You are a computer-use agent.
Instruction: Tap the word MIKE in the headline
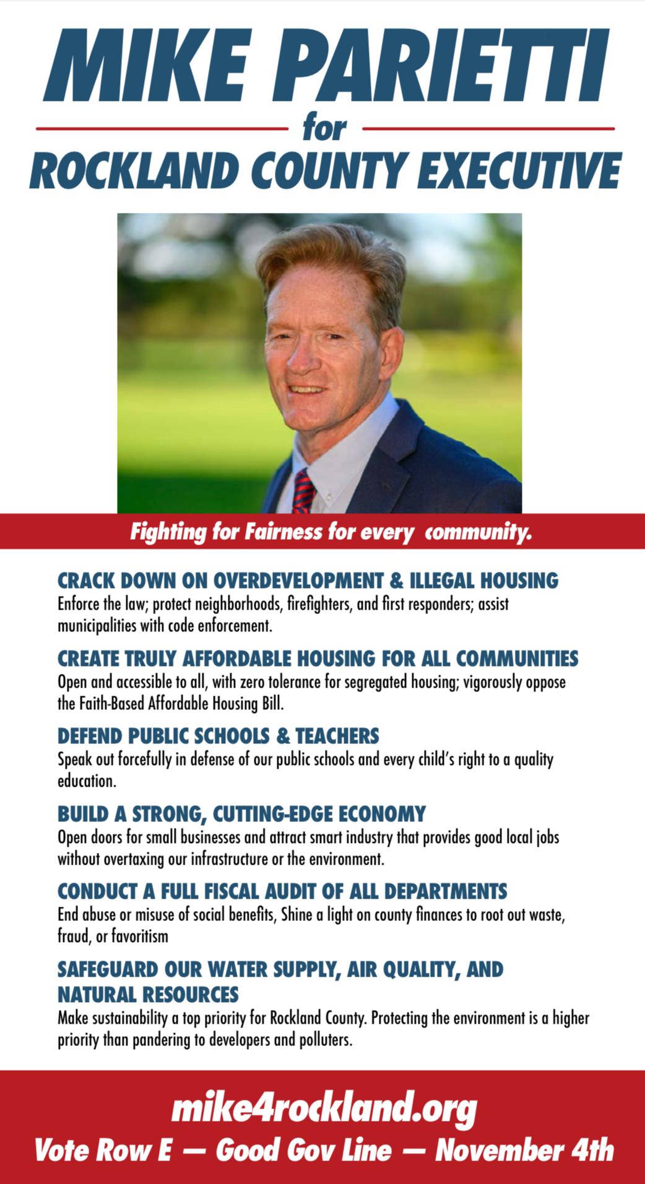(149, 67)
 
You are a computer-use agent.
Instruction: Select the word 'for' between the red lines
(325, 129)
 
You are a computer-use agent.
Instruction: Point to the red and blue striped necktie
(303, 492)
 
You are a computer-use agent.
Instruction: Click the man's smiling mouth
(306, 389)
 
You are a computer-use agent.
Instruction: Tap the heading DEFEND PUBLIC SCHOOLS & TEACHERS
(218, 736)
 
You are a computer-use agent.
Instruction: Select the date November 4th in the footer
(524, 1151)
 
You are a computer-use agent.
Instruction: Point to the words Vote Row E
(103, 1151)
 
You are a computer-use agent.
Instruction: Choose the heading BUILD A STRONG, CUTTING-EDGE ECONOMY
(241, 813)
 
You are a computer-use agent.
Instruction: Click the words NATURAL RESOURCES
(148, 994)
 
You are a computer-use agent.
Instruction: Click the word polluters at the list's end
(324, 1039)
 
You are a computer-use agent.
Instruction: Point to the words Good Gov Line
(303, 1151)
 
